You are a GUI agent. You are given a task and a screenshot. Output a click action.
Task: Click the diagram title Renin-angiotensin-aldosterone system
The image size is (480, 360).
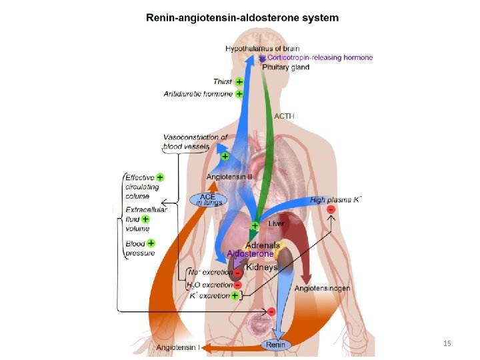point(242,18)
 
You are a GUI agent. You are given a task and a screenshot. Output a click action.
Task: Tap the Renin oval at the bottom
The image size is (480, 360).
point(275,345)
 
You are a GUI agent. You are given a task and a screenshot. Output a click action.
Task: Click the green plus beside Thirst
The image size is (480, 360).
point(239,81)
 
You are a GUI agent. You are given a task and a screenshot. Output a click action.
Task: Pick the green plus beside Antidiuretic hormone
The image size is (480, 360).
point(239,94)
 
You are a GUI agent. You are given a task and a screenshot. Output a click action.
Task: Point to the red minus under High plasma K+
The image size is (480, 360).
point(331,210)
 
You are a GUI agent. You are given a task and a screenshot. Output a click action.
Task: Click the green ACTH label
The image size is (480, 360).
point(284,116)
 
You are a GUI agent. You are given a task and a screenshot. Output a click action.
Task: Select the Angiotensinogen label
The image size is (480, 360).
point(323,288)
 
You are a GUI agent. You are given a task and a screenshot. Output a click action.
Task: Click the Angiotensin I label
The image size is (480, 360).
point(178,347)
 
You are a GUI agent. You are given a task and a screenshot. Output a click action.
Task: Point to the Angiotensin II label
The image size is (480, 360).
point(229,177)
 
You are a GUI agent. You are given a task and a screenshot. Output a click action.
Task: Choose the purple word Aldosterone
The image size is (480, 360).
point(250,254)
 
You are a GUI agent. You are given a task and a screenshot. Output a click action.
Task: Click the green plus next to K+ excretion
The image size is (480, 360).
point(235,295)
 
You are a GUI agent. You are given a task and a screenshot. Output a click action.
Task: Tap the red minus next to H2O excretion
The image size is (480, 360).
point(237,284)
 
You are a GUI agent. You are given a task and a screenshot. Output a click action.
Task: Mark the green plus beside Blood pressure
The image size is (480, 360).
point(151,243)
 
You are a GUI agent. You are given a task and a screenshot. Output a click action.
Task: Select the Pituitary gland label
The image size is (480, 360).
point(285,67)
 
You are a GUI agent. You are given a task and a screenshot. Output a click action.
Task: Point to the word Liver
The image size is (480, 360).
point(276,224)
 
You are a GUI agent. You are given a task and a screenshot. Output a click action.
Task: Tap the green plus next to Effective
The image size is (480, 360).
point(160,177)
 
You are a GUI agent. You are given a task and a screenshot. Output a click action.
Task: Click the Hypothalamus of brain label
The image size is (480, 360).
point(262,49)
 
